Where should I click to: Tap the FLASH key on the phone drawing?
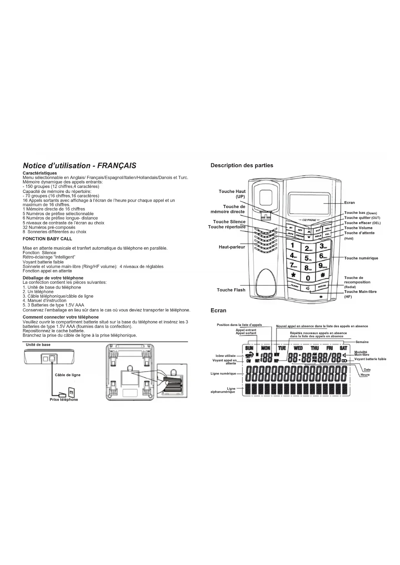coord(295,286)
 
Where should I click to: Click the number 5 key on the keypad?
coord(308,257)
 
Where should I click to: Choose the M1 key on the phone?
coord(291,227)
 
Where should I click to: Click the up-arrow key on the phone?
coord(309,231)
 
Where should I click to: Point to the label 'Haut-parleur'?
coord(232,247)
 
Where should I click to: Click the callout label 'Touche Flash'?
coord(231,290)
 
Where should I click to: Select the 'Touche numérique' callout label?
coord(361,258)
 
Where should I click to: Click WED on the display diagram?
coord(298,348)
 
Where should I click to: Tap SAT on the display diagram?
coord(343,348)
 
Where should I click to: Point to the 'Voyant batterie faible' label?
coord(370,359)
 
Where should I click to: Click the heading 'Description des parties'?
coord(242,165)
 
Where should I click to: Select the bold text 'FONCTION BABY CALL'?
coord(47,239)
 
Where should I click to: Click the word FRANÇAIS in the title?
coord(117,166)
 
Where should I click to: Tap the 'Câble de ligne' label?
coord(68,375)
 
